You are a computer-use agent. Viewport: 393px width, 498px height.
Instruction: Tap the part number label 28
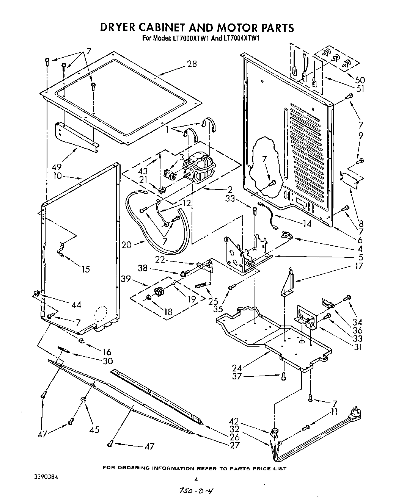point(192,64)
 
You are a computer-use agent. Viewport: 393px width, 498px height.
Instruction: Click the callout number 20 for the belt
point(126,245)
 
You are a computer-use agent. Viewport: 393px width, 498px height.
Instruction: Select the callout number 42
point(234,421)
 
